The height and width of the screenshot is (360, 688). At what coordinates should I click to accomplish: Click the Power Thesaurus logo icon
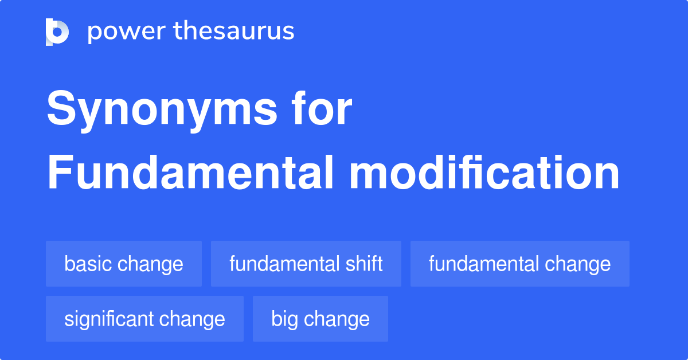point(57,32)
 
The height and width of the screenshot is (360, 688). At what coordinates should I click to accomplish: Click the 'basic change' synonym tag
point(124,264)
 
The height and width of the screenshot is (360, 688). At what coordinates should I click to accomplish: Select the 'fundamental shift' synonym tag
point(306,264)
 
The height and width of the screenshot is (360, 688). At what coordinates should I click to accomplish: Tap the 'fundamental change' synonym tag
point(519,264)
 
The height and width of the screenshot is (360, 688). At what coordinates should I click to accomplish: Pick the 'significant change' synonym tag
point(144,319)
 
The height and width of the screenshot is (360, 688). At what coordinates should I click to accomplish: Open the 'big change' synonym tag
point(320,319)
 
